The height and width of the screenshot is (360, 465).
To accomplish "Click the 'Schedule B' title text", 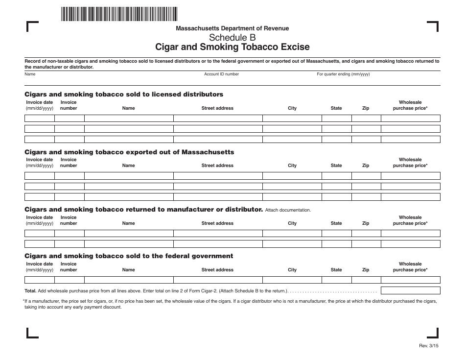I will point(232,37).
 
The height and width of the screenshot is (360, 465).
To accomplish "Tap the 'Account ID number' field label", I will point(221,74).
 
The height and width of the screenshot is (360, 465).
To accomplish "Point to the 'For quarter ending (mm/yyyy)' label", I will point(343,74).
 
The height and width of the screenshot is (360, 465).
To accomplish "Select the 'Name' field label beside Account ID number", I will point(30,74).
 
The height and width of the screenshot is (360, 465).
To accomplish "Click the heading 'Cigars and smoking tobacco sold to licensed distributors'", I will point(124,94).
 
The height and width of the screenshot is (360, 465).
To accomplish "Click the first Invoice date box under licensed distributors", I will point(39,118).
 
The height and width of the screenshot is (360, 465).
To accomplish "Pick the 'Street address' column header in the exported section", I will point(217,166).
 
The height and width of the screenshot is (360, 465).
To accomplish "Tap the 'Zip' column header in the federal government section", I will point(366,270).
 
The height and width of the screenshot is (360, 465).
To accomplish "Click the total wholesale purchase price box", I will point(410,290).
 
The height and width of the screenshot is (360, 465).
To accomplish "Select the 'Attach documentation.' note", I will point(288,210).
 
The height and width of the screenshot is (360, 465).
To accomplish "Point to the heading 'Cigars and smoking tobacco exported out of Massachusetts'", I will point(129,152).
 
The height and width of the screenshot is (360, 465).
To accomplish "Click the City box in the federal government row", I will point(292,280).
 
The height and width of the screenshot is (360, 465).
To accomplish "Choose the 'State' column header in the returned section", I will point(336,223).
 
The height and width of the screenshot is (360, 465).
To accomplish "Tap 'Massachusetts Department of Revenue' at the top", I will point(232,28).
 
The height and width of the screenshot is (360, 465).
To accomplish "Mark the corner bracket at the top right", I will point(433,26).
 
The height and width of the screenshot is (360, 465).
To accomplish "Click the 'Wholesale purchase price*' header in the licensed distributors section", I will point(410,105).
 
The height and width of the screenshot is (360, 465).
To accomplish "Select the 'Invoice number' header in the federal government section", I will point(69,267).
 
